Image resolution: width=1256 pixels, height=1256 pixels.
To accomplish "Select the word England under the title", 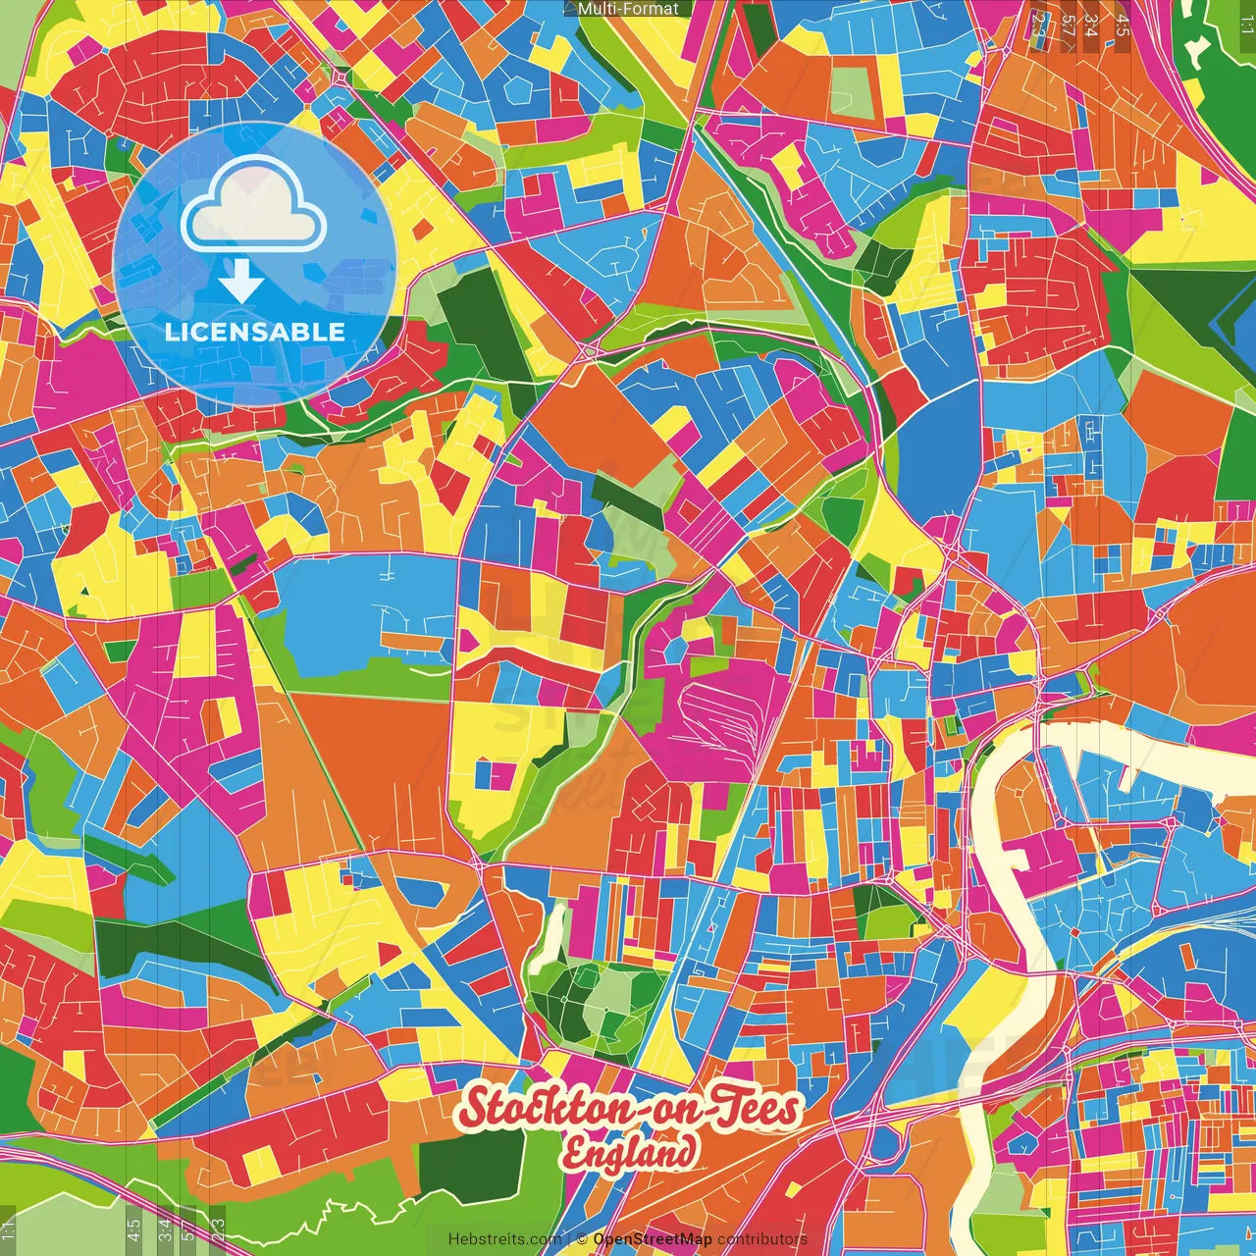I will [630, 1153].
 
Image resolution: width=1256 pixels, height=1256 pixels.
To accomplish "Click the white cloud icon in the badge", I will [253, 207].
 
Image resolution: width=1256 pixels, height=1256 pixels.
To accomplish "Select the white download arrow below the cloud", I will [240, 286].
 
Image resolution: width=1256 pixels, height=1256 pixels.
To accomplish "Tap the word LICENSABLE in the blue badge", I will [255, 332].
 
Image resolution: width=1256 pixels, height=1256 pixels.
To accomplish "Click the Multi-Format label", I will [628, 9].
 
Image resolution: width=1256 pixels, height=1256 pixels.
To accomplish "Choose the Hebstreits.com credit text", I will [504, 1239].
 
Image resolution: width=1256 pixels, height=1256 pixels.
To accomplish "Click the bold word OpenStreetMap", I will [653, 1239].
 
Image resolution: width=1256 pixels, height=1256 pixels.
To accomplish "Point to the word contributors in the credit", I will [761, 1239].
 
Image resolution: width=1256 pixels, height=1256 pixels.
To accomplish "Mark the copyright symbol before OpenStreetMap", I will [581, 1239].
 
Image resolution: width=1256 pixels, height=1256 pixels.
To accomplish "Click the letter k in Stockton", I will [549, 1109].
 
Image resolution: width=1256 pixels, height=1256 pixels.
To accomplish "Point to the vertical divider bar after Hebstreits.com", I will [569, 1239].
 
